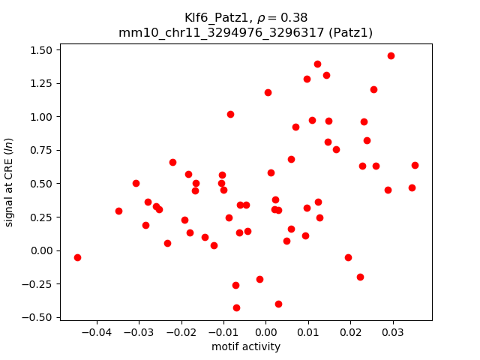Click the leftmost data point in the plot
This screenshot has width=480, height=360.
click(77, 257)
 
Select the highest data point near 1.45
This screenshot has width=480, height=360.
click(391, 55)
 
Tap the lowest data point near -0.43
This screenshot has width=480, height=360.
click(236, 307)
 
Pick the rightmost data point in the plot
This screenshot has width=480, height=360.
click(415, 165)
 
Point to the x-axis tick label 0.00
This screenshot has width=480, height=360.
click(265, 333)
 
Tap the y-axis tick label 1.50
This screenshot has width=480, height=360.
click(40, 50)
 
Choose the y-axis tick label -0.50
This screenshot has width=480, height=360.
click(38, 317)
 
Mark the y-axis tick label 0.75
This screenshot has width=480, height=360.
click(40, 150)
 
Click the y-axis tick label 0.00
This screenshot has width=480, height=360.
click(40, 250)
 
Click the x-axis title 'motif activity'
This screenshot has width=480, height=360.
click(246, 346)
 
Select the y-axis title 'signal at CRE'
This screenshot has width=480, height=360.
click(10, 181)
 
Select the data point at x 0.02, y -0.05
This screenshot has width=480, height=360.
click(348, 257)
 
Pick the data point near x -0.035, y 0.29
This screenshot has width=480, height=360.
click(118, 211)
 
